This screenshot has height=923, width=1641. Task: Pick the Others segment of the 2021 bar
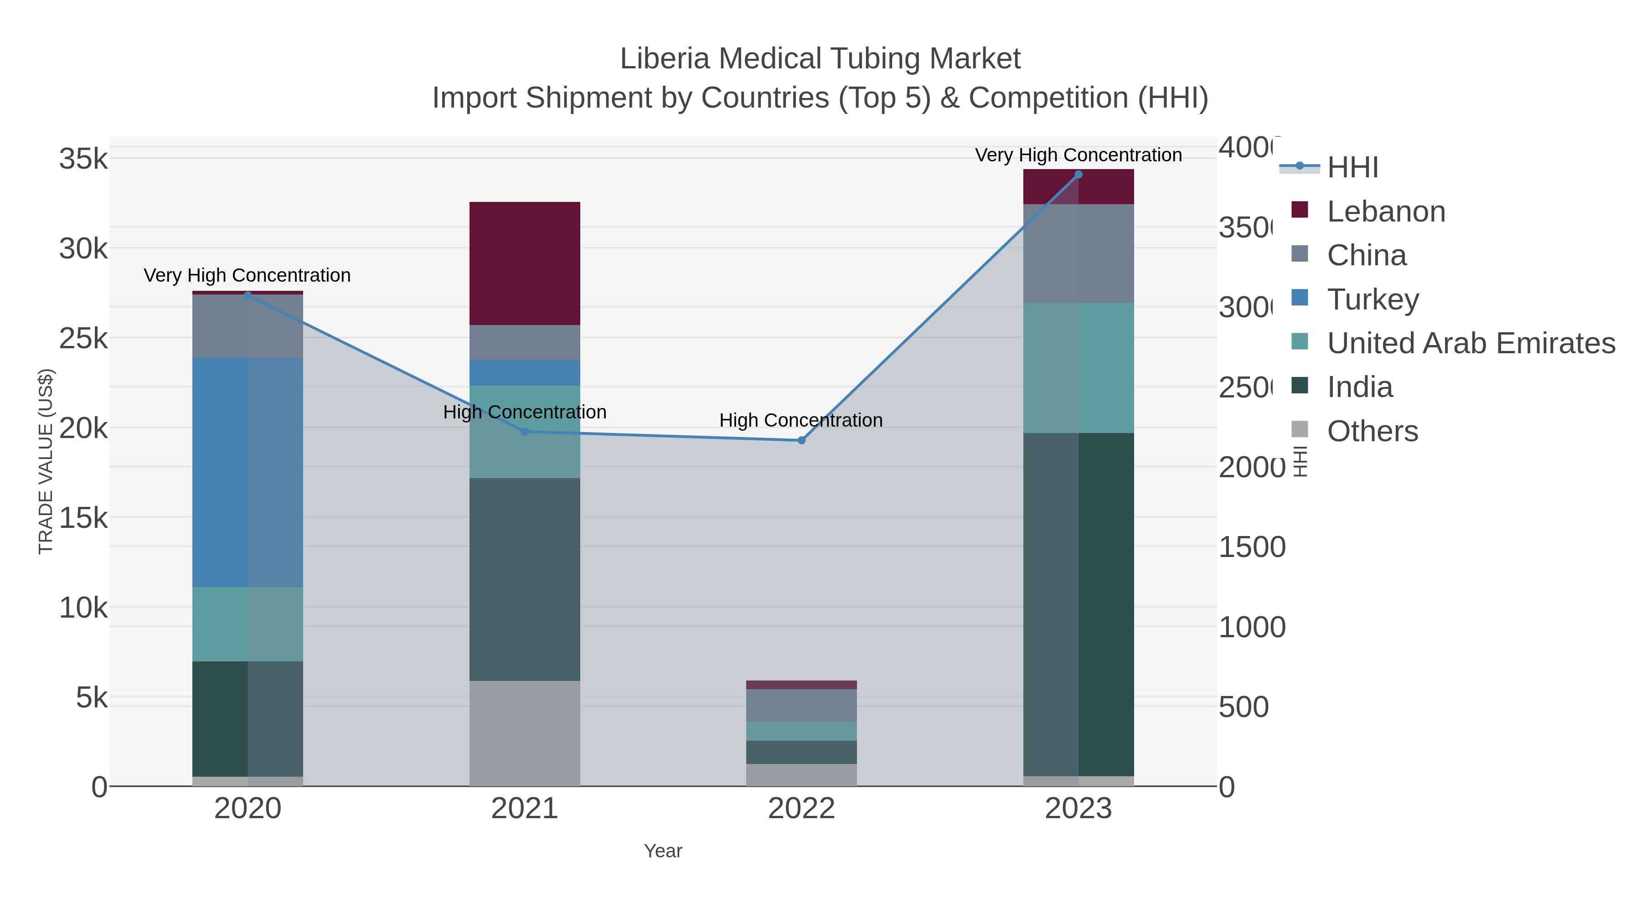point(524,733)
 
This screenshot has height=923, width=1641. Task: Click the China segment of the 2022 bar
point(801,705)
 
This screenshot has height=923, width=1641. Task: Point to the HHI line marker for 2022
point(801,440)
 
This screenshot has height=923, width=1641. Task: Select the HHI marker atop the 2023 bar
point(1078,175)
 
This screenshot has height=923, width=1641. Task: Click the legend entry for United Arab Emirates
point(1470,343)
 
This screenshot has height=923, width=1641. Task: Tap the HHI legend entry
point(1352,168)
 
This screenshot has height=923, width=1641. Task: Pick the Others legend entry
point(1372,431)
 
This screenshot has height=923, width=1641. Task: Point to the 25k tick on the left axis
point(83,339)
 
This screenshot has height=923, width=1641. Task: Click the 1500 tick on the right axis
point(1251,547)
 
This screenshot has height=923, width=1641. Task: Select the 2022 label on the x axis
point(801,808)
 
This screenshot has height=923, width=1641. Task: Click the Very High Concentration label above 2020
point(247,275)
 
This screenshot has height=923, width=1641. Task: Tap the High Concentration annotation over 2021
point(524,412)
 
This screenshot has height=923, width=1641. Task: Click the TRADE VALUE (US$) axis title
point(46,461)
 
